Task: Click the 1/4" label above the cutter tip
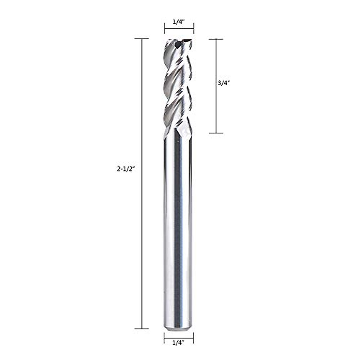coord(179,22)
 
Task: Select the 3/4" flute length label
coord(223,83)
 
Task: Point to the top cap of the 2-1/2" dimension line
coord(142,39)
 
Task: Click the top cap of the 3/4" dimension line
coord(216,39)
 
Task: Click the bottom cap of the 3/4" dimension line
coord(216,133)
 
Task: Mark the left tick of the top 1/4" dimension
coord(165,29)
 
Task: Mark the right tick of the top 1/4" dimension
coord(193,29)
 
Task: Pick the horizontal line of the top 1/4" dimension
coord(179,29)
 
